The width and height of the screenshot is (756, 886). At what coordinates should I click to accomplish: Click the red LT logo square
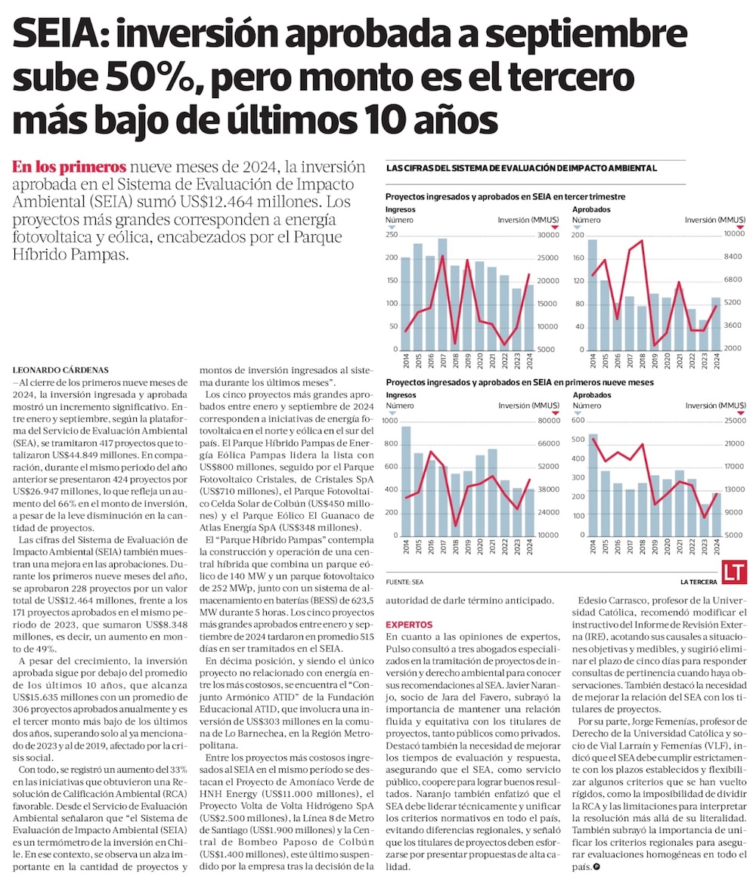pyautogui.click(x=735, y=572)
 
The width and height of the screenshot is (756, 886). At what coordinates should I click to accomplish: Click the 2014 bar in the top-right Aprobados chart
pyautogui.click(x=593, y=295)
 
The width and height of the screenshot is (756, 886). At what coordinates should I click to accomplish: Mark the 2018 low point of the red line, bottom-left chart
pyautogui.click(x=455, y=525)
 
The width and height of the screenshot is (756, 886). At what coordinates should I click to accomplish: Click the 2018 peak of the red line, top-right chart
pyautogui.click(x=642, y=241)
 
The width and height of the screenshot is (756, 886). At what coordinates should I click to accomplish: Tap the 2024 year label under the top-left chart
pyautogui.click(x=530, y=363)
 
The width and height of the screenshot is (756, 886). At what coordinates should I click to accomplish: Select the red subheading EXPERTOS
pyautogui.click(x=409, y=625)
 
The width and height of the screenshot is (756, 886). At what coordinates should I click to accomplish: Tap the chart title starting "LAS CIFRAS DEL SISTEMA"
pyautogui.click(x=521, y=168)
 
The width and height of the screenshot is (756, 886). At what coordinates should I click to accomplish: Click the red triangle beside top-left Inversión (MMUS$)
pyautogui.click(x=554, y=227)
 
